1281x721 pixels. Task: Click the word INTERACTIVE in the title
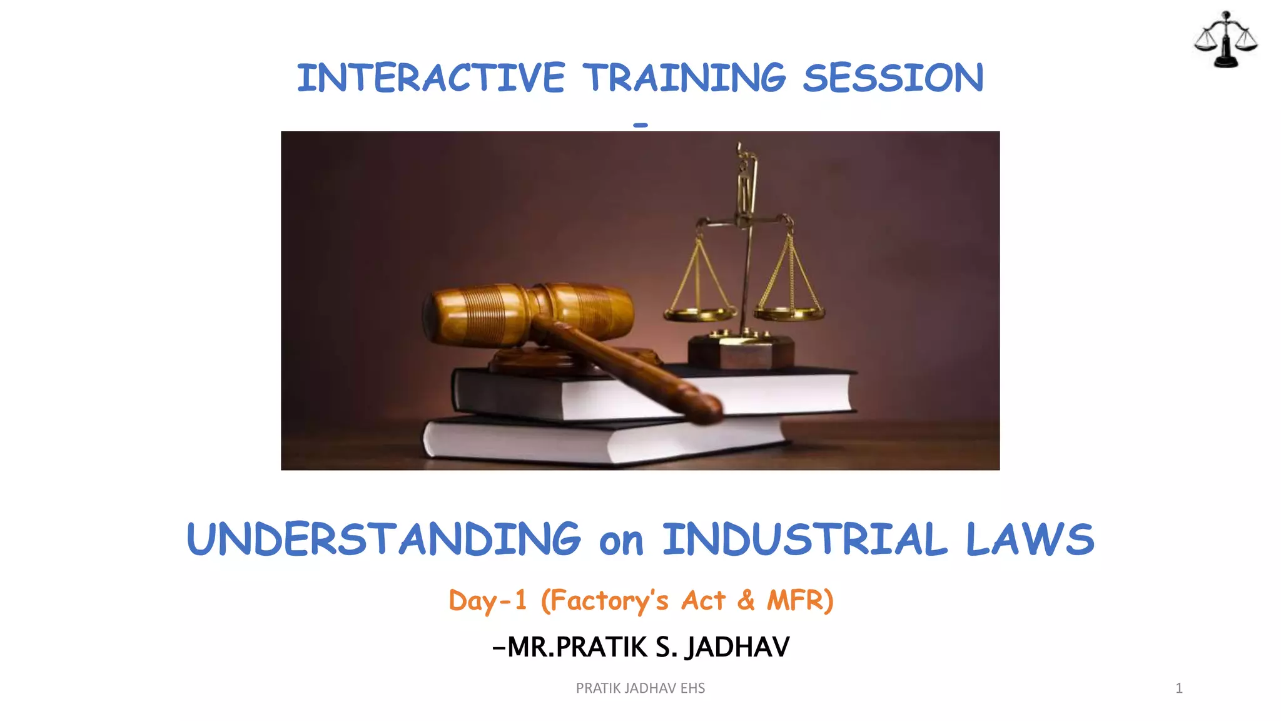430,78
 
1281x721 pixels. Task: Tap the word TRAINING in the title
684,78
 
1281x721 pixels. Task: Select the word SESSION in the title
893,78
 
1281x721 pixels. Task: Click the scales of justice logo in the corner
1225,39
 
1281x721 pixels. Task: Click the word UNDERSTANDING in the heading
383,539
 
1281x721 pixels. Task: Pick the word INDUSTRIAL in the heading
805,539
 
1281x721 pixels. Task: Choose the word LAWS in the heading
1030,539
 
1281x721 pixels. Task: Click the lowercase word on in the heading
621,542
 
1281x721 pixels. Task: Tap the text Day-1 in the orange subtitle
488,601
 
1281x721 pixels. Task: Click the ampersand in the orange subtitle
746,600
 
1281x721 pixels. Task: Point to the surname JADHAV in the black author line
737,647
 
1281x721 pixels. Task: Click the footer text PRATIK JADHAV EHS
640,688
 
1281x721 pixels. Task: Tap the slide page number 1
1179,688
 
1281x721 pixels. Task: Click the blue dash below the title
640,125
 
